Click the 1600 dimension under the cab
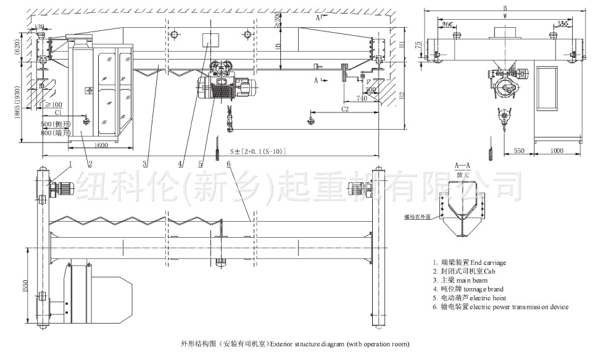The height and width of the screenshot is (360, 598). (101, 145)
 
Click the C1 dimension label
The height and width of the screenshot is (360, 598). (57, 113)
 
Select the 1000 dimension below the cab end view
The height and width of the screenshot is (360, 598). (557, 151)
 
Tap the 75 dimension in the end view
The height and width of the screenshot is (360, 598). (418, 45)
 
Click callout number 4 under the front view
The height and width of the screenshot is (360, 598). (181, 164)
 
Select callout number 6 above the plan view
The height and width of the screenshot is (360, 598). (228, 164)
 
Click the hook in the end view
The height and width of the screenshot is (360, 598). (505, 115)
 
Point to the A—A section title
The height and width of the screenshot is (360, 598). (462, 166)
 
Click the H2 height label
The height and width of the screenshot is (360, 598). (401, 96)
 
